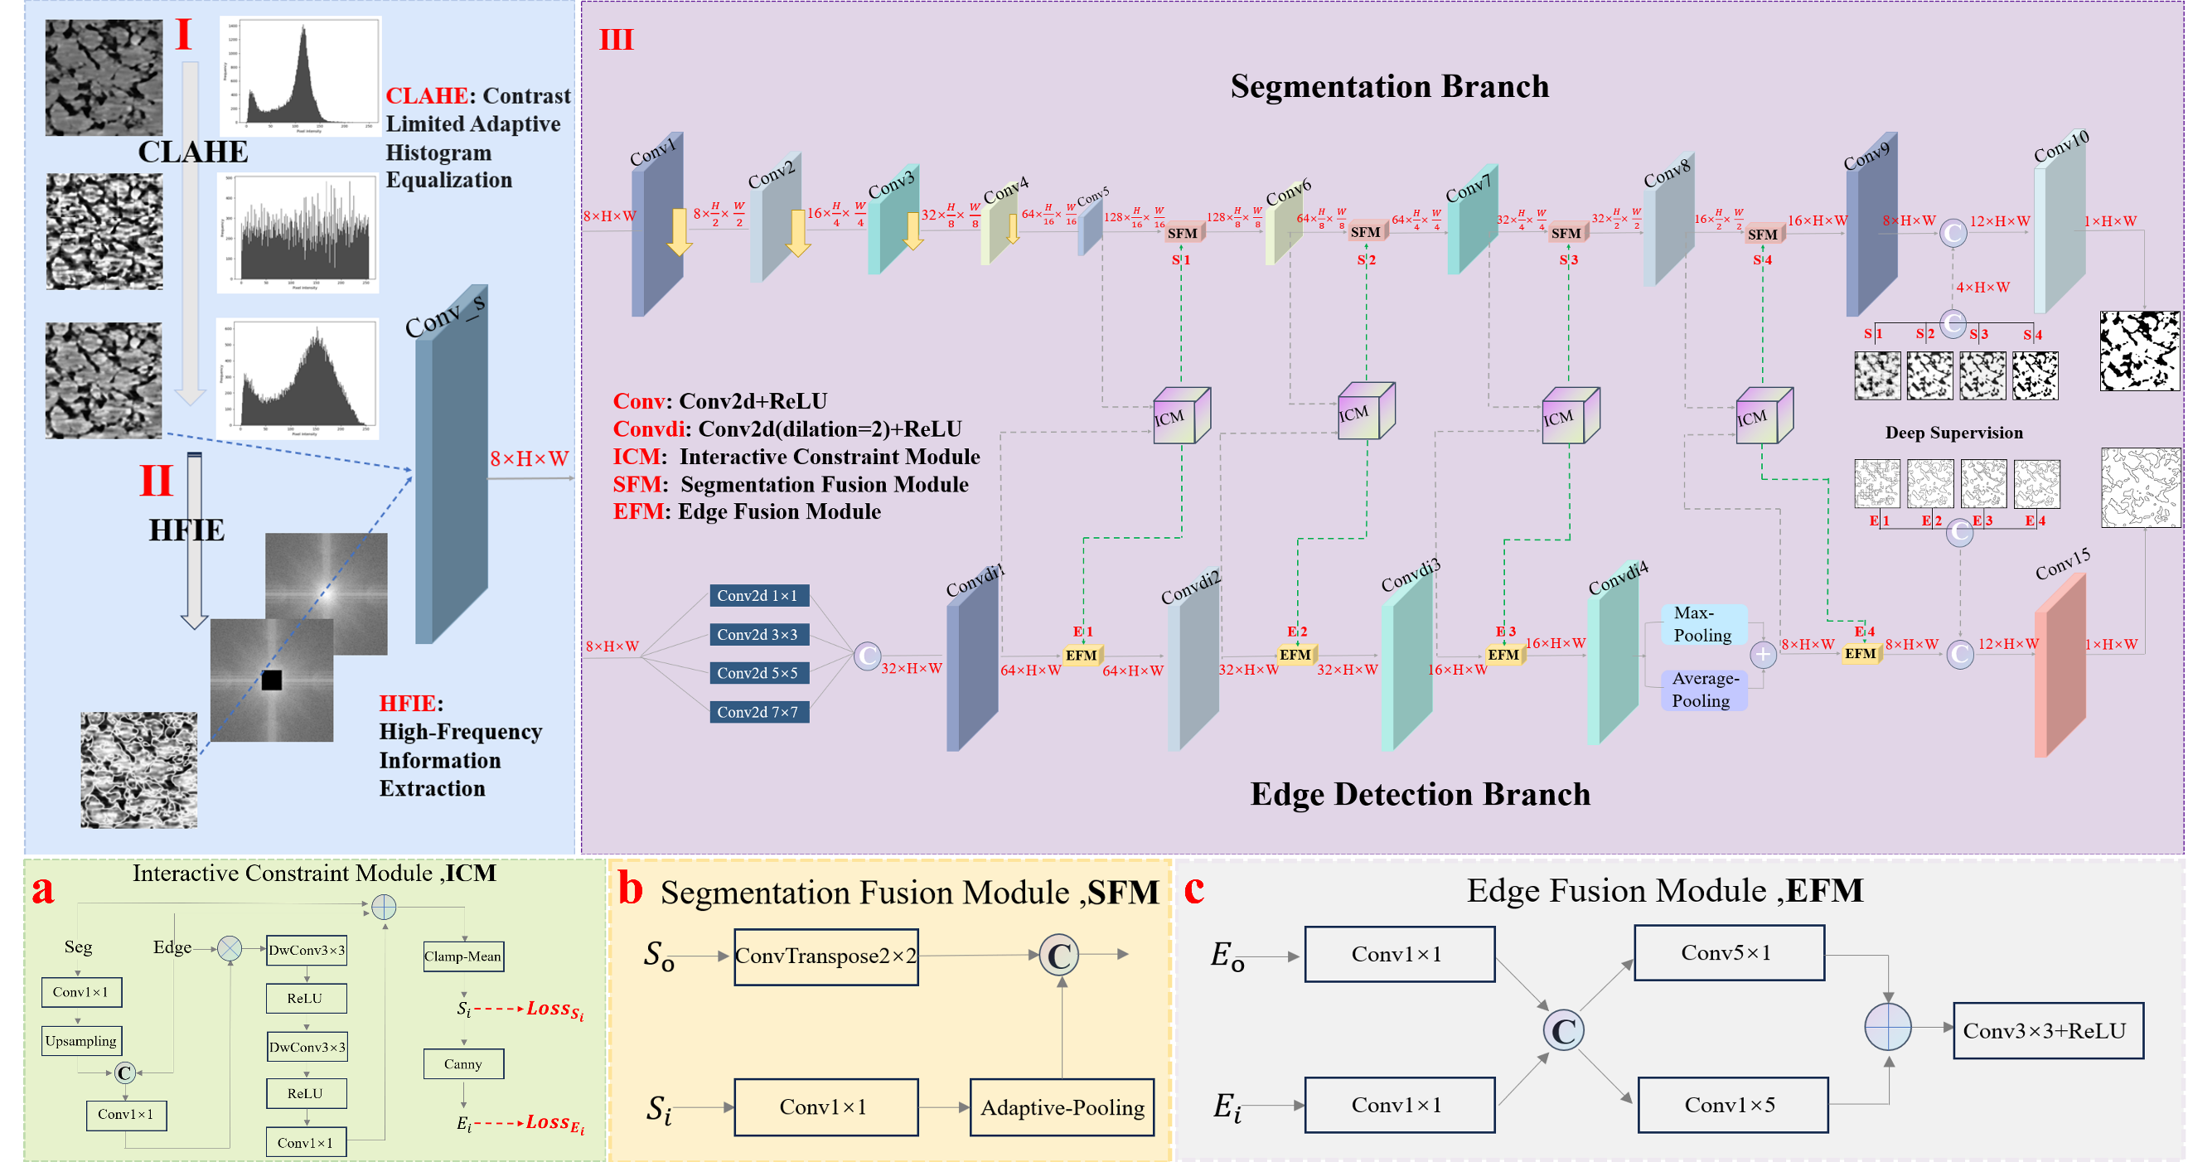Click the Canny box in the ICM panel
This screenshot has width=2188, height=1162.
(x=463, y=1063)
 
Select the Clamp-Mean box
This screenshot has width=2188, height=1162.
(x=463, y=956)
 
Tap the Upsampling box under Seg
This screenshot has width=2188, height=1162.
(x=81, y=1040)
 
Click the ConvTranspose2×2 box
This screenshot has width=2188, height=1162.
(x=825, y=956)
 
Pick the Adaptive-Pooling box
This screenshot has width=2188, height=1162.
(x=1062, y=1106)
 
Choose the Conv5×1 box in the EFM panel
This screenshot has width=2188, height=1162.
(x=1729, y=953)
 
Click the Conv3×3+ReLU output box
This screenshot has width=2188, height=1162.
(x=2047, y=1030)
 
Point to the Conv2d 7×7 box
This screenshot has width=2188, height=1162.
(x=758, y=712)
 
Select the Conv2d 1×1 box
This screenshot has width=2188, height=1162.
(x=758, y=595)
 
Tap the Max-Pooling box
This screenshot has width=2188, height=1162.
(x=1703, y=624)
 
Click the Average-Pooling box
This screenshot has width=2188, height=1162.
(x=1703, y=690)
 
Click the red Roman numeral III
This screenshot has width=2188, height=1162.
(x=617, y=40)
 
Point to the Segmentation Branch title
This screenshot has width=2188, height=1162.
(x=1390, y=87)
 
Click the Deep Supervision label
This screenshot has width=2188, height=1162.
(x=1953, y=433)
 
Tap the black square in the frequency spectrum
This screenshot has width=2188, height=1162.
(x=272, y=680)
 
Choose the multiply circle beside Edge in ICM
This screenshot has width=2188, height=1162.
(x=230, y=948)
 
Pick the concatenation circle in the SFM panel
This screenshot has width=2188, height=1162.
(x=1059, y=956)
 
